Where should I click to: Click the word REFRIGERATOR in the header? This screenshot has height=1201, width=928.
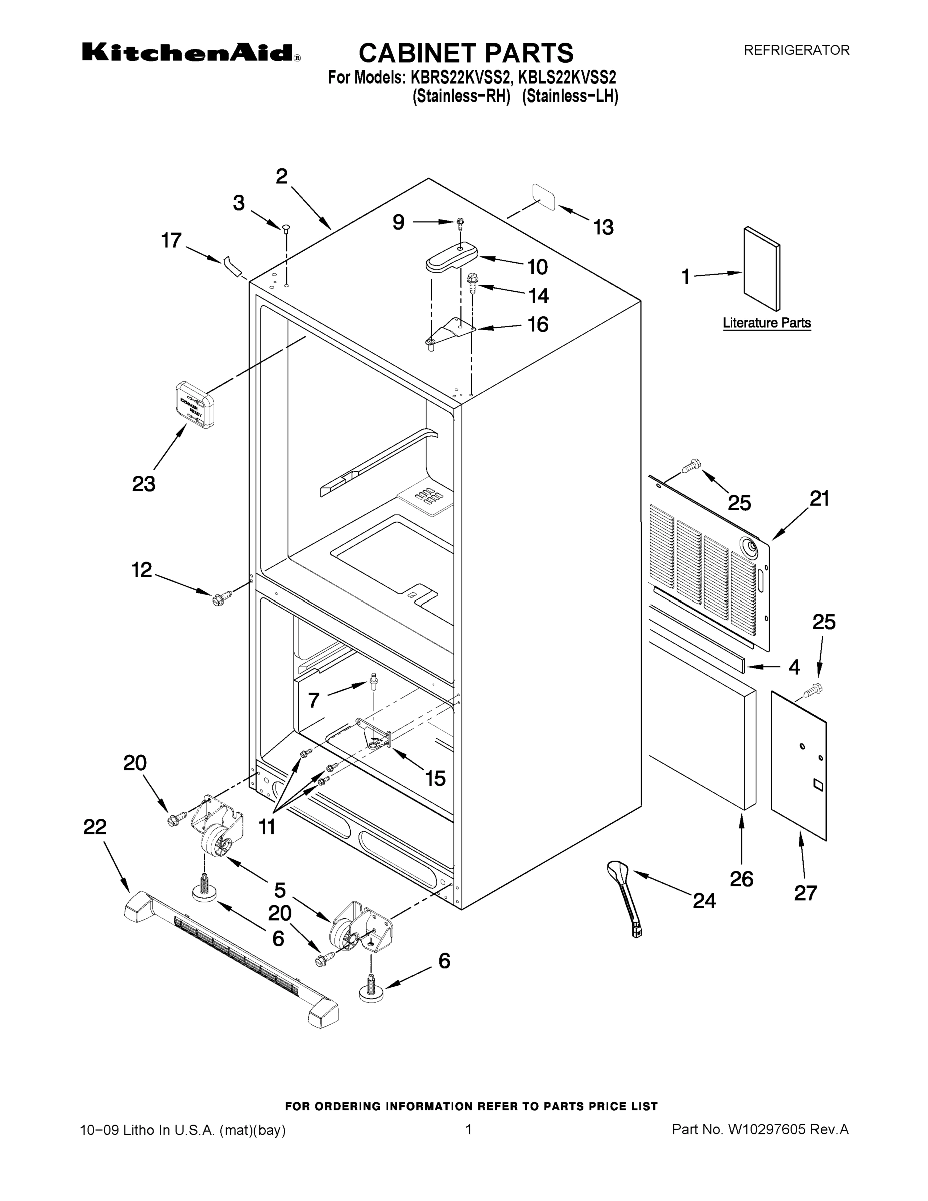(x=796, y=50)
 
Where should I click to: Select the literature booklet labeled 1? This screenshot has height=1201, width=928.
(x=761, y=269)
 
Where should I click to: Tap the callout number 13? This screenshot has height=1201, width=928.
(x=603, y=227)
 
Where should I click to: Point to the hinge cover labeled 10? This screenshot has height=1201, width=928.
(x=451, y=257)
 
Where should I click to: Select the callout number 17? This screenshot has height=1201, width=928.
(x=171, y=240)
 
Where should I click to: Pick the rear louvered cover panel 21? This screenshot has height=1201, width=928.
(x=709, y=561)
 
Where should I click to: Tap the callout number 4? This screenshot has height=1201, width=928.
(x=794, y=667)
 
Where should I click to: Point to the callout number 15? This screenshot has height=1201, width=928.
(x=435, y=778)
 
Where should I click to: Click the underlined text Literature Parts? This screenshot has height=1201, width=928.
(x=766, y=323)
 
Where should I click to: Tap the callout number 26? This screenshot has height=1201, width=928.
(x=741, y=879)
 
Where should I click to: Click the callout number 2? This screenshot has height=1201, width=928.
(x=281, y=177)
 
